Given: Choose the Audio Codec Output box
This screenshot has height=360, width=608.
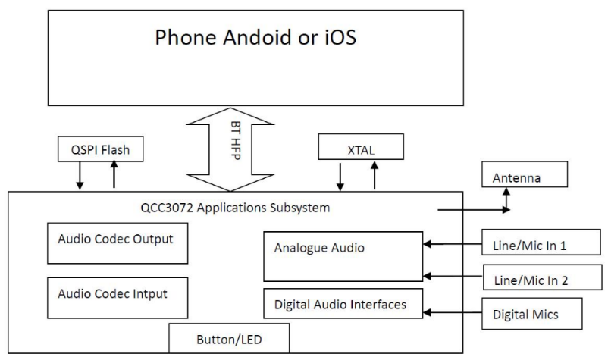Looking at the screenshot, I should pyautogui.click(x=116, y=240).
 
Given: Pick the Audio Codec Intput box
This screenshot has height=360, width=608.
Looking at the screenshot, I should pyautogui.click(x=116, y=293).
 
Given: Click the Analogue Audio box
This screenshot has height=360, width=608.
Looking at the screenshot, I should pyautogui.click(x=342, y=256).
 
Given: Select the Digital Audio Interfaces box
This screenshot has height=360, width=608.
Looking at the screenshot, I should pyautogui.click(x=342, y=305).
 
